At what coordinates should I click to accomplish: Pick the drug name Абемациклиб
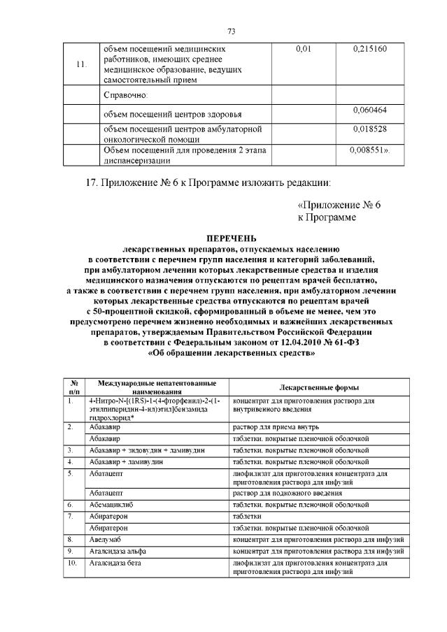pyautogui.click(x=112, y=503)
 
